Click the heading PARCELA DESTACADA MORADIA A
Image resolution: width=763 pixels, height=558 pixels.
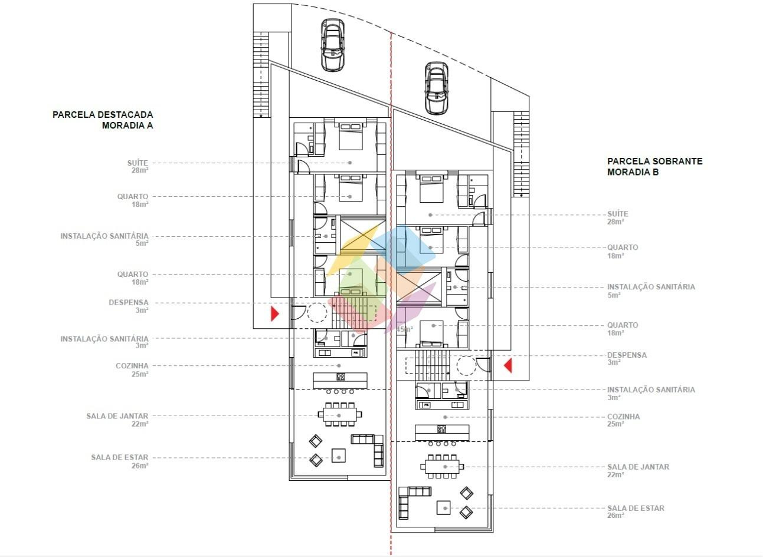(x=103, y=120)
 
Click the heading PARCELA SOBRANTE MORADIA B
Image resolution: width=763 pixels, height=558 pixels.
(x=654, y=167)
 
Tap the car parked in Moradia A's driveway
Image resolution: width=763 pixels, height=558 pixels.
(x=332, y=45)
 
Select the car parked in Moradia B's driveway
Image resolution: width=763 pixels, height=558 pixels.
(x=436, y=88)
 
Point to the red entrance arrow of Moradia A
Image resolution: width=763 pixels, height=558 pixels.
(x=275, y=314)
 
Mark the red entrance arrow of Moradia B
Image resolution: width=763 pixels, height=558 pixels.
(x=508, y=365)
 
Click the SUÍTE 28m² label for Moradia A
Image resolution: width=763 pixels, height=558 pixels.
(x=137, y=167)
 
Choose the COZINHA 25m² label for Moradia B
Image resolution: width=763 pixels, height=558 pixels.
(x=623, y=420)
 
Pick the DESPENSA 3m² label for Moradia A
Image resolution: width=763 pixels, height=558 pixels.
(x=129, y=306)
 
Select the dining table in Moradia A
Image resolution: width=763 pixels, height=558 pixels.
(x=340, y=414)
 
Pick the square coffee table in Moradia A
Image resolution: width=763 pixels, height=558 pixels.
(x=339, y=455)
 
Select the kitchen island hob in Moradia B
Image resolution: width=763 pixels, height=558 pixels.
(x=442, y=429)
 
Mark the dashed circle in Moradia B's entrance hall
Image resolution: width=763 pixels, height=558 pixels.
(x=466, y=365)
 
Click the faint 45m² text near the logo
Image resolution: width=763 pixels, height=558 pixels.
(x=405, y=329)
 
